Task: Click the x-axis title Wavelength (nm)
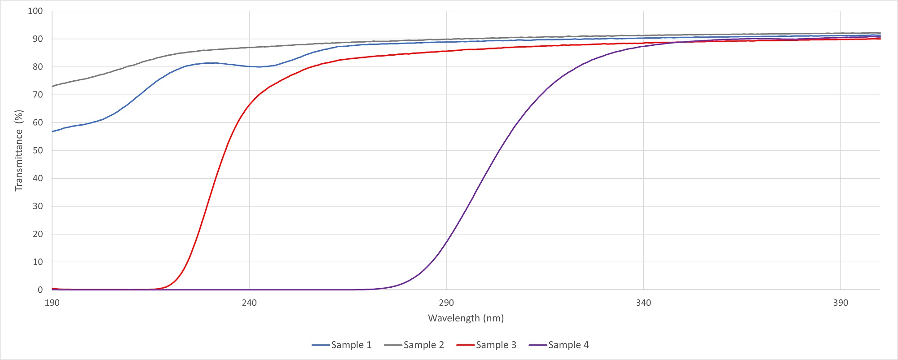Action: click(466, 318)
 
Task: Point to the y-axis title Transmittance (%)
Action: click(19, 150)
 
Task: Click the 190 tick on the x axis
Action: click(52, 303)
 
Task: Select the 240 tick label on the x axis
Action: click(249, 303)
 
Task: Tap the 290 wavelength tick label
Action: click(446, 303)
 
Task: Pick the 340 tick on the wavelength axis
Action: click(643, 303)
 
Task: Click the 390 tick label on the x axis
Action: click(841, 303)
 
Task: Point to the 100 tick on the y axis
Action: click(35, 11)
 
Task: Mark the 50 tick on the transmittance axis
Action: click(38, 150)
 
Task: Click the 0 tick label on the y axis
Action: click(40, 290)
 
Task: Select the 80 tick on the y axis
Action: click(38, 67)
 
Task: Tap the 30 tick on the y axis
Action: click(38, 206)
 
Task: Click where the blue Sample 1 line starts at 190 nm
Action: click(53, 132)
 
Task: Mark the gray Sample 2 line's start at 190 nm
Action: click(53, 86)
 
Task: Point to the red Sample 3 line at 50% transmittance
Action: click(226, 150)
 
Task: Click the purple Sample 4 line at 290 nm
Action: click(446, 241)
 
